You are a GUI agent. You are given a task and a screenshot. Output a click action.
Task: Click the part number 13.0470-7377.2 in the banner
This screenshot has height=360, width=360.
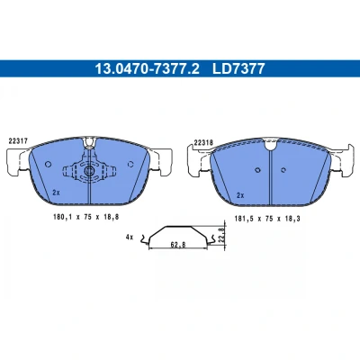point(147,68)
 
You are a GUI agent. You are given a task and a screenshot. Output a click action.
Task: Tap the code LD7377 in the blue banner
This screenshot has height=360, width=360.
point(238,68)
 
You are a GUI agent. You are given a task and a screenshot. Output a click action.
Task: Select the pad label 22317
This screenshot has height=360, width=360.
point(18,141)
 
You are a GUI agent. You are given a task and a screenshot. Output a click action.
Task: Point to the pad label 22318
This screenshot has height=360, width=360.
point(203,143)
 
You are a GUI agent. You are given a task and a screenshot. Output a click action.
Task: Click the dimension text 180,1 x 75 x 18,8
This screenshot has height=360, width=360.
point(86,217)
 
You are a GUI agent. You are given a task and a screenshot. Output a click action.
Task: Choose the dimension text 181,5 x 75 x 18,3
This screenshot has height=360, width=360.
point(267,219)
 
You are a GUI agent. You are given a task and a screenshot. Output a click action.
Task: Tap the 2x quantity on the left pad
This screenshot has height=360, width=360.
point(56,193)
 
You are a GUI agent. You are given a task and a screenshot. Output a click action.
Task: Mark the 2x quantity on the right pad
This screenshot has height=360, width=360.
point(240,195)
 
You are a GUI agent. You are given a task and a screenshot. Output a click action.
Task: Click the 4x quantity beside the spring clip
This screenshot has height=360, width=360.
point(130,238)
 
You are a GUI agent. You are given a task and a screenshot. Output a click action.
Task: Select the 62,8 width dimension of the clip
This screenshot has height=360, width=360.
point(178,245)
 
